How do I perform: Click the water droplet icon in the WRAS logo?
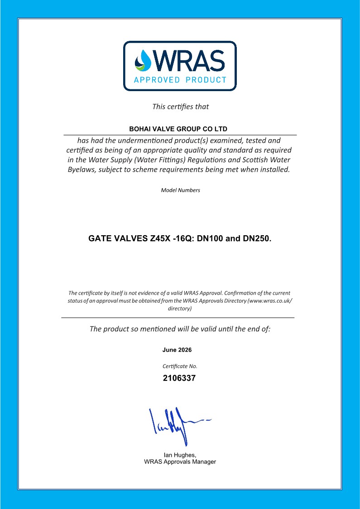(x=144, y=61)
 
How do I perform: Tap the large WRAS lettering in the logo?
(x=189, y=60)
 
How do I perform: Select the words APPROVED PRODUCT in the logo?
(x=180, y=80)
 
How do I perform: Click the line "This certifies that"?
(x=180, y=107)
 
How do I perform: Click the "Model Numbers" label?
(x=180, y=190)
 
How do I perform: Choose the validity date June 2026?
(x=177, y=350)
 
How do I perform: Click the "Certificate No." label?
(x=180, y=366)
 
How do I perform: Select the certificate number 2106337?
(x=179, y=378)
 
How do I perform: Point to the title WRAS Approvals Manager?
(x=180, y=462)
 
